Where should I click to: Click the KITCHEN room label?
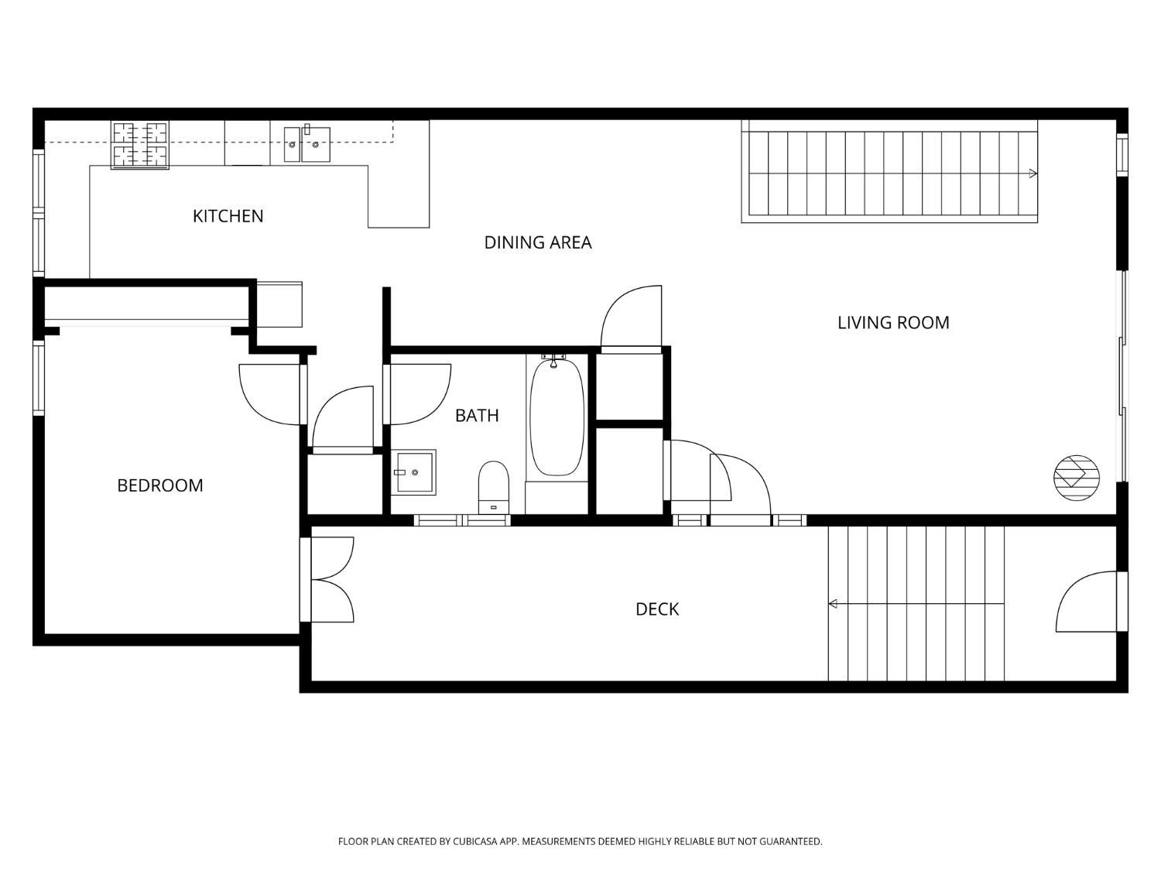click(x=228, y=216)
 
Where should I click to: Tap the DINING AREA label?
click(x=537, y=242)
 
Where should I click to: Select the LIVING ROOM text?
click(x=893, y=322)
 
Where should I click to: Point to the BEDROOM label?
click(x=159, y=485)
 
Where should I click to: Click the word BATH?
click(x=477, y=415)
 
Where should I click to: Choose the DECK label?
click(x=657, y=609)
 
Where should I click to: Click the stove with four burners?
click(x=140, y=146)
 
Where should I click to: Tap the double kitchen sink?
click(x=307, y=144)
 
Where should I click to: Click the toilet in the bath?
click(x=494, y=486)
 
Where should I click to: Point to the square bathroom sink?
click(x=413, y=472)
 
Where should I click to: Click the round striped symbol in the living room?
click(x=1077, y=478)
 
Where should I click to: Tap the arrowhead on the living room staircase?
click(x=1033, y=173)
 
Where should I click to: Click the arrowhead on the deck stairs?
click(x=833, y=603)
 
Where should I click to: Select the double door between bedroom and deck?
click(x=327, y=580)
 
